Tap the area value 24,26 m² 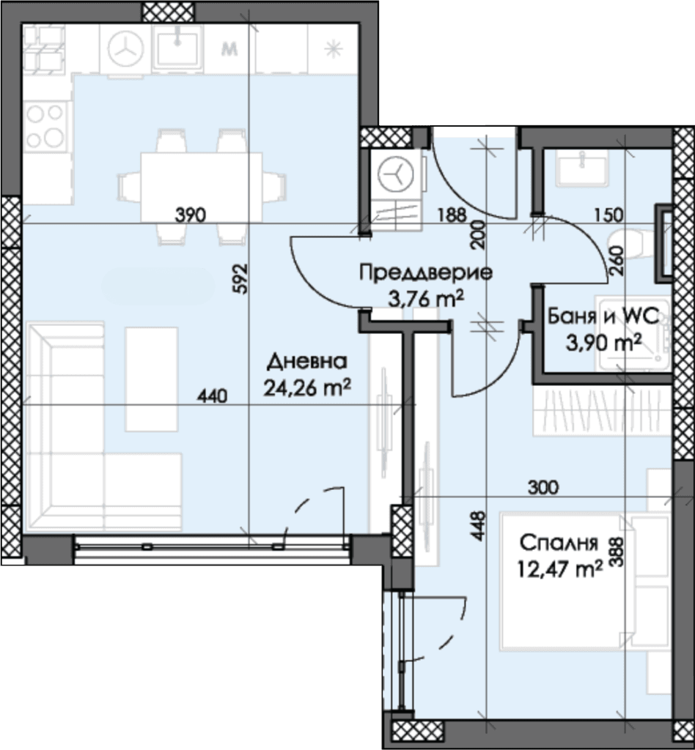coord(307,388)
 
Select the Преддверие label coord(425,274)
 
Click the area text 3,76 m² coord(425,300)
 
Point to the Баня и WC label coord(603,316)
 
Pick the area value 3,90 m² coord(603,343)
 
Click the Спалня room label coord(559,543)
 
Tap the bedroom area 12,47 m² coord(559,569)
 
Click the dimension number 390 coord(190,215)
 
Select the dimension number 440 coord(213,396)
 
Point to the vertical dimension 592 coord(241,278)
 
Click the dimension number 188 coord(452,215)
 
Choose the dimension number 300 coord(543,487)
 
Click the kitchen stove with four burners coord(46,126)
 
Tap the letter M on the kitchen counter coord(230,49)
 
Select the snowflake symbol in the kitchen coord(333,49)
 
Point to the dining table coord(201,187)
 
